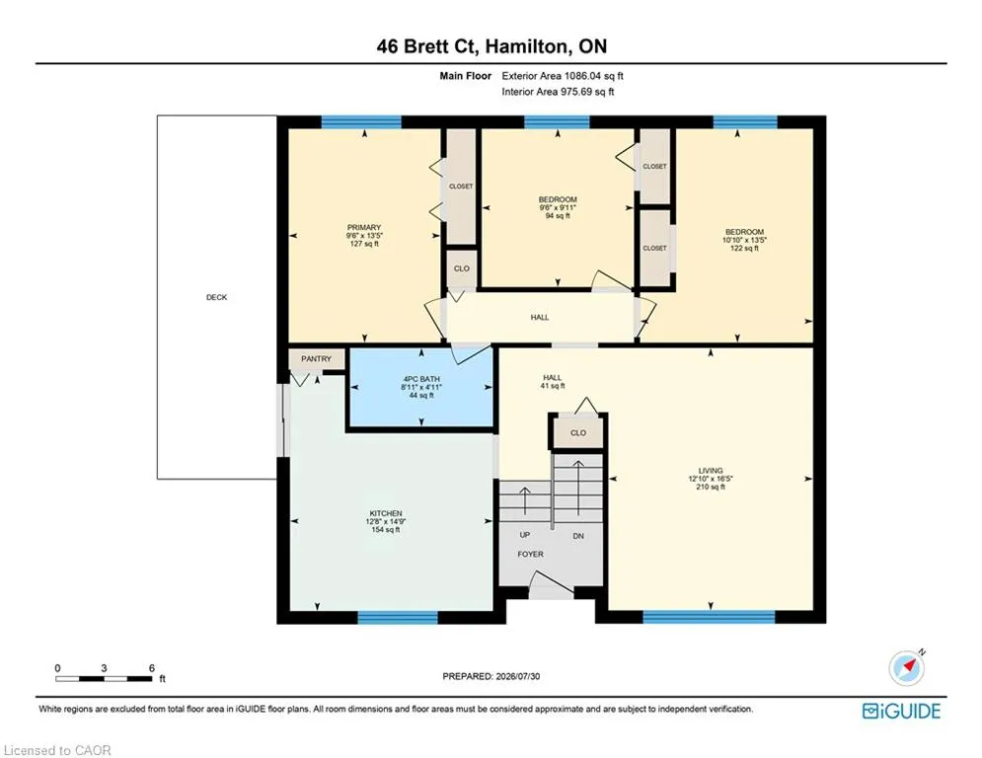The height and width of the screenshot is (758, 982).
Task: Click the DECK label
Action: pos(217,297)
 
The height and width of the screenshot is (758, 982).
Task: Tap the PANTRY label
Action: pos(316,359)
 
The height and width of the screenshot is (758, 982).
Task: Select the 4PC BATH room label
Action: pos(421,379)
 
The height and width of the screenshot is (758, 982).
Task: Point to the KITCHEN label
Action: pos(386,513)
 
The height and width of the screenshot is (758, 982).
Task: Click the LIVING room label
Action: pos(711,471)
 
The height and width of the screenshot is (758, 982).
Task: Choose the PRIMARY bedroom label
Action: pos(364,227)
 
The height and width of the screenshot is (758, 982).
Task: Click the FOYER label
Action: pos(530,554)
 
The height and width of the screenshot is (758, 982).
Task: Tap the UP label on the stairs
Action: pos(525,535)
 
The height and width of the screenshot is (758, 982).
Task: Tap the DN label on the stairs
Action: pos(578,536)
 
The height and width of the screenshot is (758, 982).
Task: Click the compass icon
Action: pos(906,668)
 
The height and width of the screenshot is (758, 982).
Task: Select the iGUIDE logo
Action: pos(902,711)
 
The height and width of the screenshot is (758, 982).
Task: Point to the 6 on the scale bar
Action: pos(152,668)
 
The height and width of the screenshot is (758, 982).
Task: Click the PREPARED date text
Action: pos(491,676)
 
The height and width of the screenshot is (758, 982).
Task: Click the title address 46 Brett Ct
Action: pos(429,46)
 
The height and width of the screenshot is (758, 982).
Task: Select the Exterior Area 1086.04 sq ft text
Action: pos(563,76)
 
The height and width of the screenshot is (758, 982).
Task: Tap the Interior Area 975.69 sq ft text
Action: pos(558,92)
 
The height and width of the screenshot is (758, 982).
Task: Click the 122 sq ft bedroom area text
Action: pos(744,248)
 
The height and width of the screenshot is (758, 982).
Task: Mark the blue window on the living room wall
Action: pos(709,617)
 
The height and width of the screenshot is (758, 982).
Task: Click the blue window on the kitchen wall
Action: pos(398,618)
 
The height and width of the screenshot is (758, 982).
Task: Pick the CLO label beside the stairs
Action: pos(578,433)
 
